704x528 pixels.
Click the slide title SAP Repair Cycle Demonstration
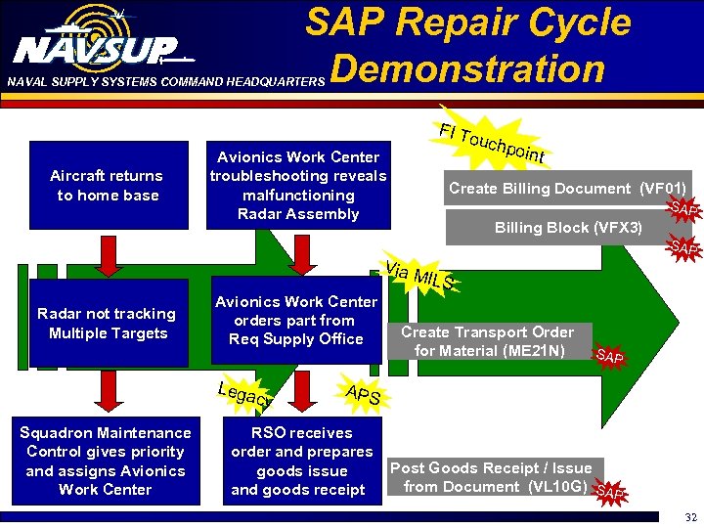click(x=467, y=45)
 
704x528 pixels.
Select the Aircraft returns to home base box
click(x=109, y=186)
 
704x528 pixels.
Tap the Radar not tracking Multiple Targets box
click(x=106, y=324)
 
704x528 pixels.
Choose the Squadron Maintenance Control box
click(x=106, y=461)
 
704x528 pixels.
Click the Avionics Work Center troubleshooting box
click(x=298, y=186)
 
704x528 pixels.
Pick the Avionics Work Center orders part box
click(x=296, y=321)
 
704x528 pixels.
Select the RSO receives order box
click(x=301, y=461)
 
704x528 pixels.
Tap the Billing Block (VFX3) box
click(x=567, y=228)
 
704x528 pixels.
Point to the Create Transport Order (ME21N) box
click(x=487, y=341)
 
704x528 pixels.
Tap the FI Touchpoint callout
click(x=491, y=143)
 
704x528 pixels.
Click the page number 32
click(x=690, y=517)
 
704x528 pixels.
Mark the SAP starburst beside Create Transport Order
click(x=609, y=356)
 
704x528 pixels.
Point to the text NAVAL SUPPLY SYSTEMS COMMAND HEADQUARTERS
click(x=162, y=83)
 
